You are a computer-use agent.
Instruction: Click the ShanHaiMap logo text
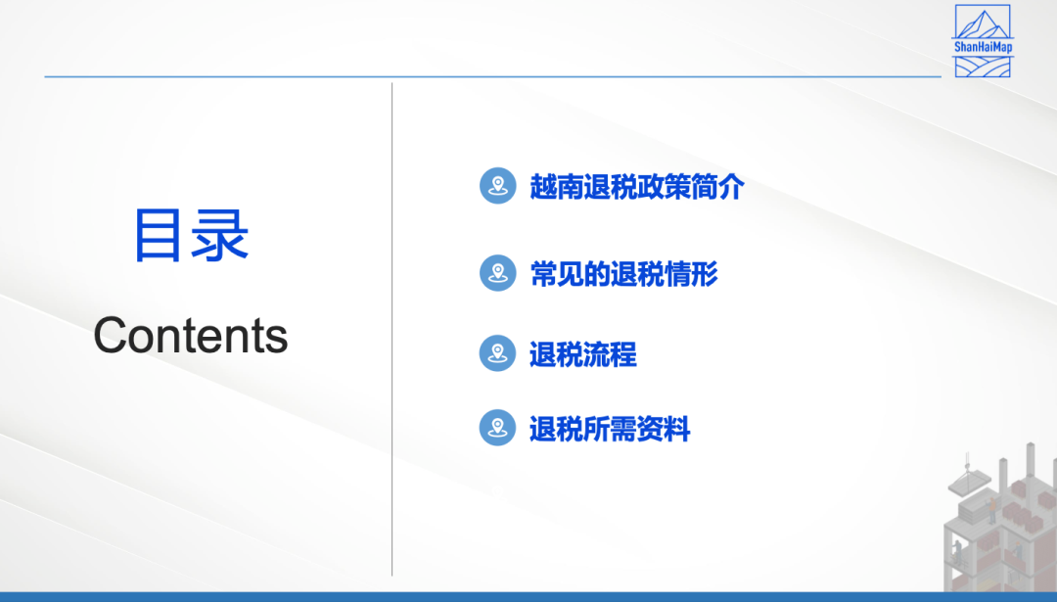(983, 47)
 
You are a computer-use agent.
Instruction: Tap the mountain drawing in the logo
(983, 24)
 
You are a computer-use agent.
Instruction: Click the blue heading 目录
(192, 235)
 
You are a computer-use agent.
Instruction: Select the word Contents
(191, 335)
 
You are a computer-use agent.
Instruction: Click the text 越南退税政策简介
(637, 187)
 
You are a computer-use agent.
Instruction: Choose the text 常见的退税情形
(623, 274)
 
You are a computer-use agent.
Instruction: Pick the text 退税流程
(583, 354)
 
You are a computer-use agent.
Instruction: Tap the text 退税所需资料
(610, 429)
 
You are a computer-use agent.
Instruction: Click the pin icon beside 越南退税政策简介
(498, 185)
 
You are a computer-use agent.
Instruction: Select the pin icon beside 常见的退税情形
(498, 273)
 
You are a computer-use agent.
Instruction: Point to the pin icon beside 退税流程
(498, 353)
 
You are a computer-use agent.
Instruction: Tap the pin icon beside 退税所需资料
(498, 428)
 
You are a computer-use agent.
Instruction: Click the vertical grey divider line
(391, 330)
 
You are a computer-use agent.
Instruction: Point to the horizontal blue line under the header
(492, 77)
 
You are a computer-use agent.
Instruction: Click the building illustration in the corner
(1001, 519)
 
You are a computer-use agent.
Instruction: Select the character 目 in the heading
(158, 235)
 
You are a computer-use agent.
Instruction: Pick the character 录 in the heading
(220, 235)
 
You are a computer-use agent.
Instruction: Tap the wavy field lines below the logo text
(983, 68)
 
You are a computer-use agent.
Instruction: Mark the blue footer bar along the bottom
(528, 597)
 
